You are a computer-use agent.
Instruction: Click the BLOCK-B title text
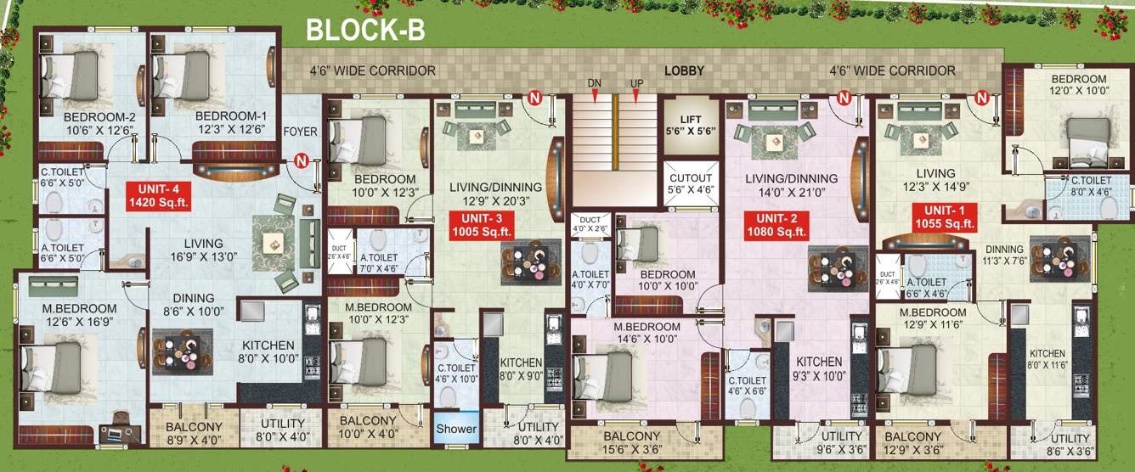(365, 31)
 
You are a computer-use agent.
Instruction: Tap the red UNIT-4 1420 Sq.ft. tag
(158, 195)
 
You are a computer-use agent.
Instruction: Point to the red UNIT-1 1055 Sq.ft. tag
(943, 217)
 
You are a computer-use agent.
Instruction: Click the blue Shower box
(456, 429)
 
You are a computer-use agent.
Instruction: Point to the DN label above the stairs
(594, 82)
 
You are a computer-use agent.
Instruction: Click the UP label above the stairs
(636, 82)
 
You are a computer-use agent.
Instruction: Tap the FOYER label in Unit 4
(299, 132)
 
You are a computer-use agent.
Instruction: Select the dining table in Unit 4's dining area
(182, 349)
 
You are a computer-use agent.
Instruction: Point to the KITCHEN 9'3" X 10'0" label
(819, 368)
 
